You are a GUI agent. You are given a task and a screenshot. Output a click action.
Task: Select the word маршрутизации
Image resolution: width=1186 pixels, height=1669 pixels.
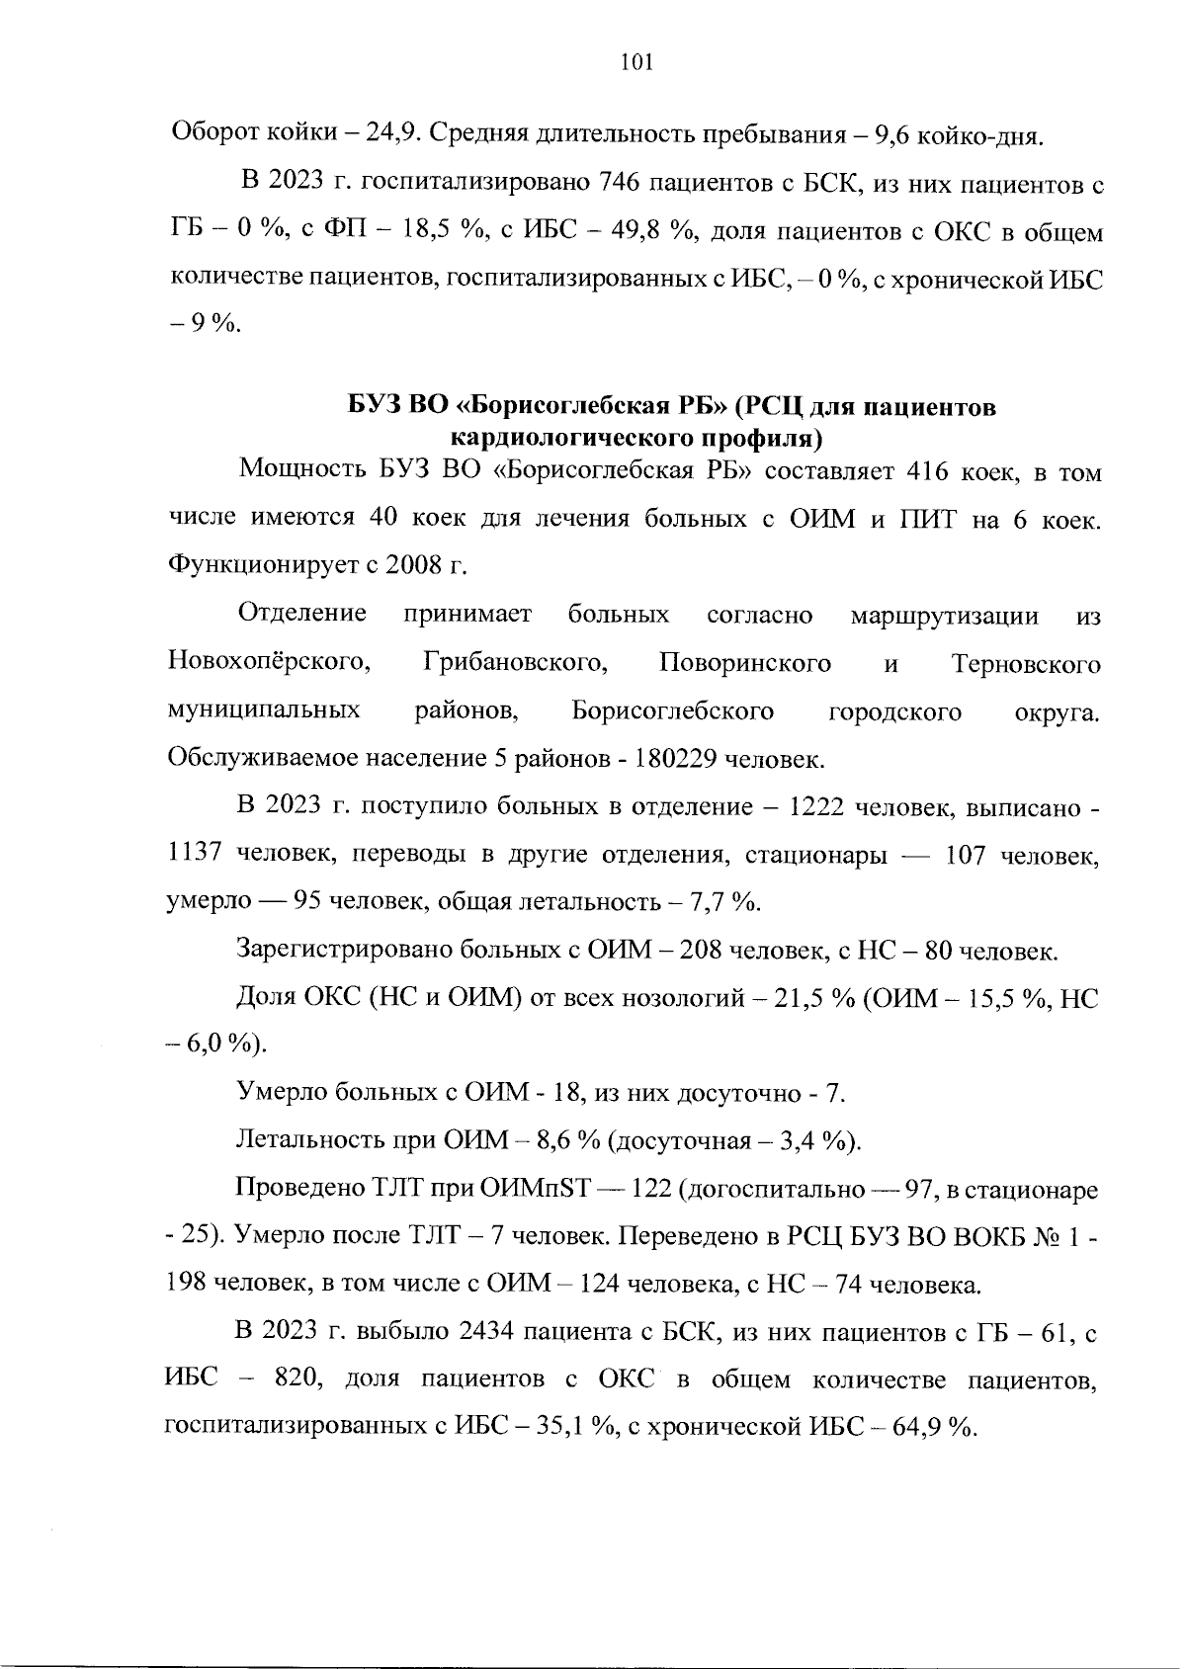(944, 616)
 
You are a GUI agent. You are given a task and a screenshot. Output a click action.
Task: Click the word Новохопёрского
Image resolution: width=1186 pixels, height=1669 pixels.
(269, 663)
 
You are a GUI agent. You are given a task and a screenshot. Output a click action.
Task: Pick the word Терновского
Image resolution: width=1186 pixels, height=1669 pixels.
(1026, 663)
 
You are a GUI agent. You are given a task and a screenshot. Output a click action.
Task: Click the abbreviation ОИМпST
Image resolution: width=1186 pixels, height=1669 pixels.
(534, 1191)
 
